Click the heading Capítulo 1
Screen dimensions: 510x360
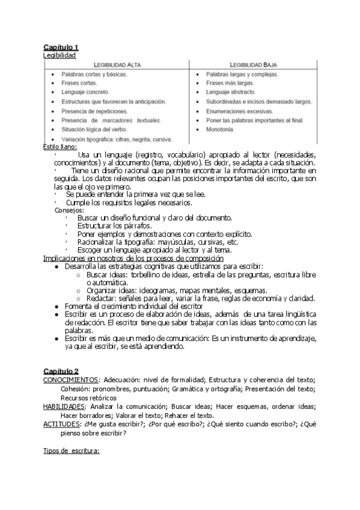coord(61,47)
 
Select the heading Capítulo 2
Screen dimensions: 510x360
coord(61,371)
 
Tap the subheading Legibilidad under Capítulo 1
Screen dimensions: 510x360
coord(59,55)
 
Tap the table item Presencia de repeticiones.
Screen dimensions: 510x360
coord(94,111)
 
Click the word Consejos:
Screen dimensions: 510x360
coord(69,210)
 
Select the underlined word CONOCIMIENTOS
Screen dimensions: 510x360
coord(70,380)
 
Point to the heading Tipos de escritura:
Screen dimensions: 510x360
coord(71,450)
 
